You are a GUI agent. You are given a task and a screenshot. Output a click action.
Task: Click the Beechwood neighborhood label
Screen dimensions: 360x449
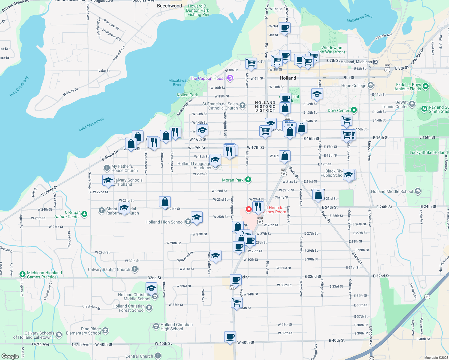[x=169, y=6]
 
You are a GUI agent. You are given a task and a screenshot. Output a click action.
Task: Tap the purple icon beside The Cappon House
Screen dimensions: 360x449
[x=230, y=78]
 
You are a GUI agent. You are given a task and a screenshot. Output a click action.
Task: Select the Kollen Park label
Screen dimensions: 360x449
[x=187, y=95]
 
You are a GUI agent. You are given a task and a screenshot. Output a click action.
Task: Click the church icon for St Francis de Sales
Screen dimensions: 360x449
[x=243, y=106]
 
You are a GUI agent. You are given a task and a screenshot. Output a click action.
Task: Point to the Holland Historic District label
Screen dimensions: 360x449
[x=265, y=106]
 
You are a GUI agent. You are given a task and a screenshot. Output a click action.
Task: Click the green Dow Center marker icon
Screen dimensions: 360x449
[x=354, y=110]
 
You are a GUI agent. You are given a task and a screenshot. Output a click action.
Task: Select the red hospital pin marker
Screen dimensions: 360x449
[x=249, y=209]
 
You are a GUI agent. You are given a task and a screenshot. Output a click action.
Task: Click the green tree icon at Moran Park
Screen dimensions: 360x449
[x=248, y=180]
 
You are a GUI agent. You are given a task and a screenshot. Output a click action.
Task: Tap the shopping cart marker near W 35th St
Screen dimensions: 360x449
[x=237, y=302]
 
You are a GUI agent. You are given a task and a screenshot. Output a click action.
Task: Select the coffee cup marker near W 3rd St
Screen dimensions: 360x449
[x=285, y=28]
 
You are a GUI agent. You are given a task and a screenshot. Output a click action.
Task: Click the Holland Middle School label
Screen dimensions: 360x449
[x=392, y=191]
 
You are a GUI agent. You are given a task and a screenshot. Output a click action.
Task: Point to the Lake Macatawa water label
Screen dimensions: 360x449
[x=91, y=124]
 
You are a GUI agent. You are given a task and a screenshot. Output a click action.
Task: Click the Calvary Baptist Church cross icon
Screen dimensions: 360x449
[x=135, y=269]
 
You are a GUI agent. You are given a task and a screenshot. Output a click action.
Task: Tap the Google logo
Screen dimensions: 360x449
[x=10, y=356]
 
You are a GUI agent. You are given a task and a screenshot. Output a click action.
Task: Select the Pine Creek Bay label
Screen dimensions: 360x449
[x=19, y=86]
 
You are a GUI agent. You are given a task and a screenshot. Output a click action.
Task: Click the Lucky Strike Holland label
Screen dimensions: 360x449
[x=428, y=152]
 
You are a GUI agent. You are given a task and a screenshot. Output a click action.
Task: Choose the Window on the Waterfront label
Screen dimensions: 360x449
[x=332, y=50]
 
